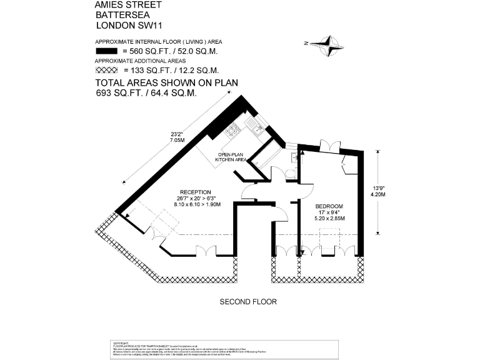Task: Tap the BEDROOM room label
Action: pyautogui.click(x=329, y=207)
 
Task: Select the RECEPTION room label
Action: pyautogui.click(x=196, y=192)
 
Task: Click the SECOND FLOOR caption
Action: pyautogui.click(x=248, y=302)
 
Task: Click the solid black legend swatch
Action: pyautogui.click(x=107, y=51)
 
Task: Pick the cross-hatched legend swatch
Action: pyautogui.click(x=107, y=71)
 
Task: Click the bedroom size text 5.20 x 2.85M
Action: pyautogui.click(x=329, y=218)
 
